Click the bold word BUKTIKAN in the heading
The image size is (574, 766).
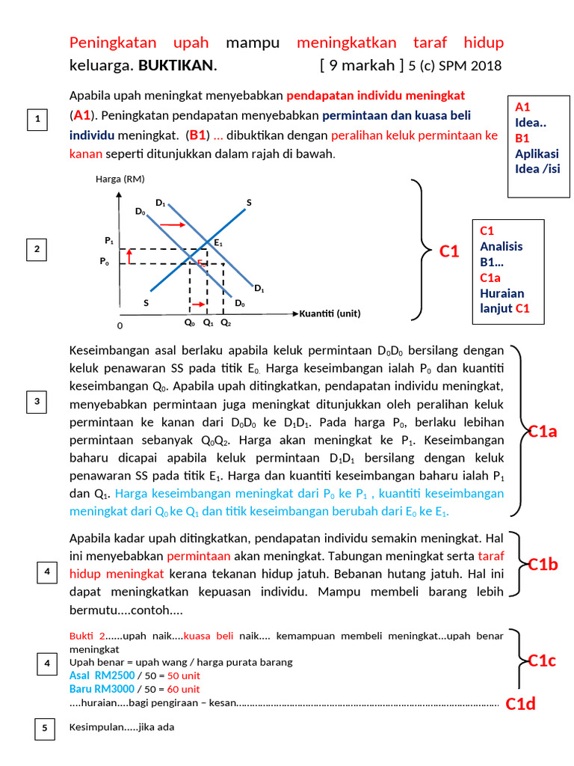click(177, 66)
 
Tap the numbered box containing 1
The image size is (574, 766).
click(37, 120)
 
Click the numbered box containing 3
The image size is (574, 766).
click(37, 402)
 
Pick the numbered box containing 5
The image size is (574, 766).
click(44, 728)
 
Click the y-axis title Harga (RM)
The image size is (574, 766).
click(120, 180)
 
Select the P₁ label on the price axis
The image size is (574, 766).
click(109, 241)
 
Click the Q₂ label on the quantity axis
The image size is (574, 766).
click(226, 324)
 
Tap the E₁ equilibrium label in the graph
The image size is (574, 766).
click(217, 243)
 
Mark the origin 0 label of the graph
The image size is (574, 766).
click(120, 327)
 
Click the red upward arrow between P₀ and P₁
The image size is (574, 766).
click(129, 257)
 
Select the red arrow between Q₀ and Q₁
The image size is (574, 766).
click(198, 304)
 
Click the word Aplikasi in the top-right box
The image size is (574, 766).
click(537, 153)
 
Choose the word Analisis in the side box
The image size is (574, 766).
click(501, 246)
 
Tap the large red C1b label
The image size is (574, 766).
click(543, 564)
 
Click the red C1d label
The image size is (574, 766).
click(520, 704)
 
